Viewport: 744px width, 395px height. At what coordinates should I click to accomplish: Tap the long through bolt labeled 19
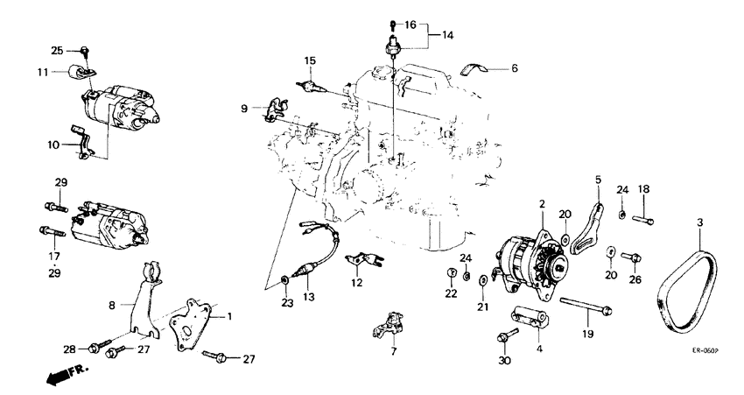pos(582,308)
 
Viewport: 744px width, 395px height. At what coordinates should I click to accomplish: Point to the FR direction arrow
pos(59,375)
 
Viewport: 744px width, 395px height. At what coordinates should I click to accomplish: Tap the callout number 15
pos(310,60)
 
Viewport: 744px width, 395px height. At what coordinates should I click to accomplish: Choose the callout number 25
pos(57,50)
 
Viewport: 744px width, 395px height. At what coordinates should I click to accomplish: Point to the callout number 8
pos(112,305)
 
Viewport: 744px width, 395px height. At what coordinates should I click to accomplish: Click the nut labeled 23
pos(286,280)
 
